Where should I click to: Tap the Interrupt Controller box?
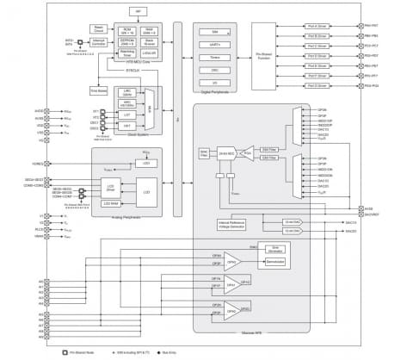[99, 40]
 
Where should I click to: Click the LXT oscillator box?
[126, 115]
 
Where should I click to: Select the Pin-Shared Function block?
[262, 55]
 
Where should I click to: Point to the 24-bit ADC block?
[226, 152]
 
